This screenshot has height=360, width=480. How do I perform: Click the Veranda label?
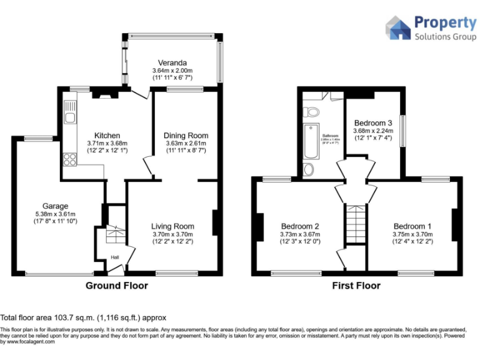[172, 63]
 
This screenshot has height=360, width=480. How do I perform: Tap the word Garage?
[55, 206]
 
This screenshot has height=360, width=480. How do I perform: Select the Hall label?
[115, 257]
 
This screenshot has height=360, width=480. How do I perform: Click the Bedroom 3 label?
[373, 123]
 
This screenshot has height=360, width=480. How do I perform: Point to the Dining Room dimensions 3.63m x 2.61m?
[186, 144]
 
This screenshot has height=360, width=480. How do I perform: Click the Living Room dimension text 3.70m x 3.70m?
[172, 234]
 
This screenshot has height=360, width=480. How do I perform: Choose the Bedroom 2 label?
[300, 226]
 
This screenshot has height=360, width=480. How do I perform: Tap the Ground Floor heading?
[116, 286]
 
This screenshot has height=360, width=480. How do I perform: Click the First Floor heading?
[356, 286]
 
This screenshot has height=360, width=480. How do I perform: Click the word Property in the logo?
[446, 23]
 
